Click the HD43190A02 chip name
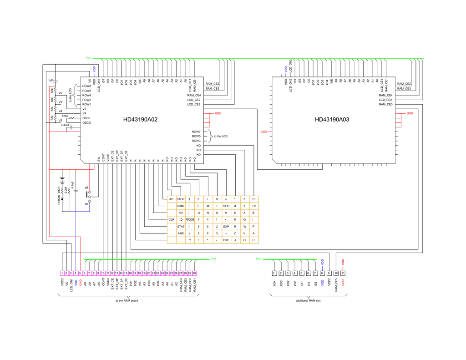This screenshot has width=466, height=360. click(140, 120)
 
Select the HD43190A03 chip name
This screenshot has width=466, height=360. click(332, 120)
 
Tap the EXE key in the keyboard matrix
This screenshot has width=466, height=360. click(226, 240)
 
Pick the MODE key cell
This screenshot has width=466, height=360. click(190, 219)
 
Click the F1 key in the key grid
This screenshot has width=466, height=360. click(253, 199)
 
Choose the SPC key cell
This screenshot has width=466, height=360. click(226, 206)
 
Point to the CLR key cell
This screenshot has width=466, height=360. click(171, 219)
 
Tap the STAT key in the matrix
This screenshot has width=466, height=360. click(181, 226)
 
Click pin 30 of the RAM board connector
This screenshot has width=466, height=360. click(194, 273)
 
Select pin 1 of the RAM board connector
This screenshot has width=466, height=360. click(62, 273)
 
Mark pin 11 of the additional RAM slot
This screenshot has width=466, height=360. click(343, 273)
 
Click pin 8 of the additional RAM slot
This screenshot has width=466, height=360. click(322, 273)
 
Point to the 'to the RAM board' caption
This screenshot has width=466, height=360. click(127, 300)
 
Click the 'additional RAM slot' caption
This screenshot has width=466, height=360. click(308, 300)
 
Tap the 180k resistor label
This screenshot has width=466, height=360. click(65, 116)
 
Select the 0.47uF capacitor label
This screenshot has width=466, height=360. click(65, 125)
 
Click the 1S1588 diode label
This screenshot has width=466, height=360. click(59, 196)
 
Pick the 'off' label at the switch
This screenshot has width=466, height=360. click(86, 188)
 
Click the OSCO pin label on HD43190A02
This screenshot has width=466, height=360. click(86, 122)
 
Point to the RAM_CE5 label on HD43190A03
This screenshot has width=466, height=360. click(386, 104)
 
